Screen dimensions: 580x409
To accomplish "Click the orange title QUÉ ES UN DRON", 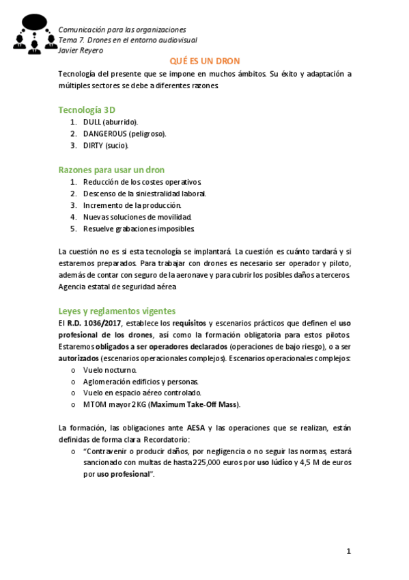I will click(x=204, y=61).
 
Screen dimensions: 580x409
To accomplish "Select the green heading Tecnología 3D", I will click(x=87, y=109).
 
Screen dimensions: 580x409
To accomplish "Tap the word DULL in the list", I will click(x=92, y=122).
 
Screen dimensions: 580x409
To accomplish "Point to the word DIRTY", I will click(x=94, y=145).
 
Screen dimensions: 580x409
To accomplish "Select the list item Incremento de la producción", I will click(x=132, y=205).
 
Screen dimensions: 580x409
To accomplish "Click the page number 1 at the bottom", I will click(x=348, y=551).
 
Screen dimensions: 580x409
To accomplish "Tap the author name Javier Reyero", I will click(x=81, y=50).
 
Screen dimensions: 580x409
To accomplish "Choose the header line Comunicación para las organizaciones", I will click(x=122, y=29).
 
